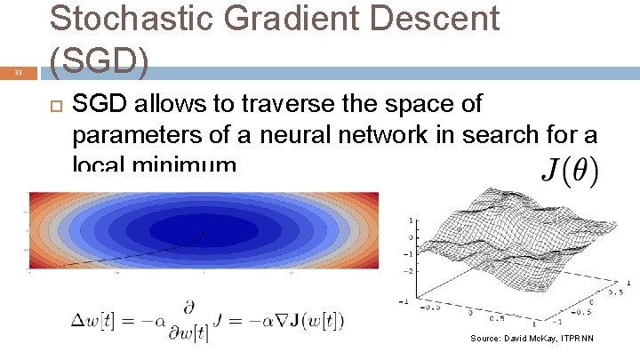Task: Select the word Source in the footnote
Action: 485,339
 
